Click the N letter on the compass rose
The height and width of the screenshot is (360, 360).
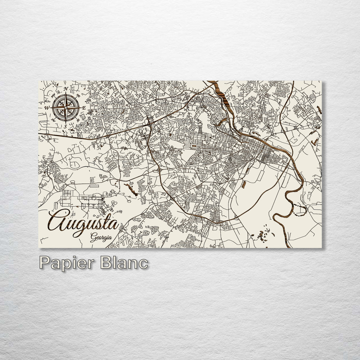pos(66,89)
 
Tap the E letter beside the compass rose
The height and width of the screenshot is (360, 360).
pos(84,108)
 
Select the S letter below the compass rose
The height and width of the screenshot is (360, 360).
pos(65,126)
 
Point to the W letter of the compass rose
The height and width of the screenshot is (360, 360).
pos(47,108)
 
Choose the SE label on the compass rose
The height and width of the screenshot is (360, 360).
pos(78,121)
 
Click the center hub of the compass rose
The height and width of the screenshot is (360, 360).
pos(66,107)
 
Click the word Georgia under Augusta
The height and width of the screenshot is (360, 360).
pos(101,237)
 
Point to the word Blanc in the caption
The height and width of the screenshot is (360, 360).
pos(124,263)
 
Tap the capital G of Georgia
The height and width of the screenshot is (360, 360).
pos(94,237)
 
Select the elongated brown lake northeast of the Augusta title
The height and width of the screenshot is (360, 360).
pos(131,189)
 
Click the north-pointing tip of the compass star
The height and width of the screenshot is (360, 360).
pos(66,94)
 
